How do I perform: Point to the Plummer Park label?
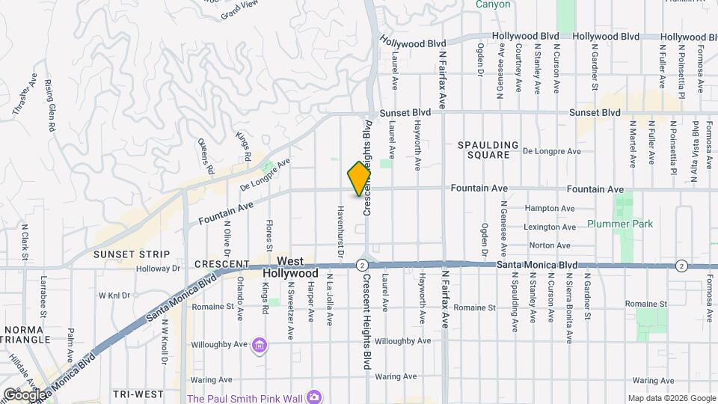click(x=620, y=224)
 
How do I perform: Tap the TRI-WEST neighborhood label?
click(x=138, y=394)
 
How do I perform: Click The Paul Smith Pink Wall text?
click(x=246, y=397)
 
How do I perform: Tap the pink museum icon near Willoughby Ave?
click(x=260, y=345)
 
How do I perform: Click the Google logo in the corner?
click(x=24, y=394)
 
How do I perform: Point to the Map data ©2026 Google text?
click(x=671, y=398)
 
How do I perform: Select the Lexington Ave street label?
click(x=550, y=227)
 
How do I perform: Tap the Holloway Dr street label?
click(x=160, y=268)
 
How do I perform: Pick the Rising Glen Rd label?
click(x=50, y=105)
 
